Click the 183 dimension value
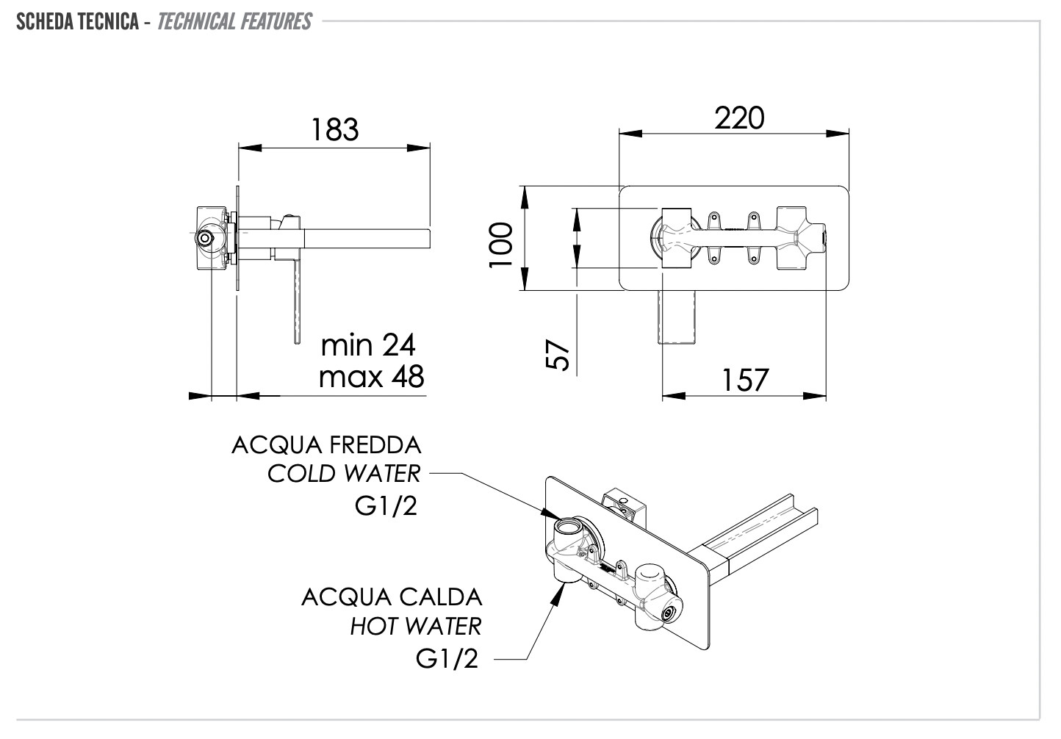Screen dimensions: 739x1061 click(x=335, y=129)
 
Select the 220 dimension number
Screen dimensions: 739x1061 click(x=739, y=118)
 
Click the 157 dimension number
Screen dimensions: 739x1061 click(x=745, y=380)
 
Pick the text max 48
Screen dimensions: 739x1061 click(x=371, y=376)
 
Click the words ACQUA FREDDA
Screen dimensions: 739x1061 click(x=326, y=445)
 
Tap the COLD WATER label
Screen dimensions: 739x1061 click(x=344, y=474)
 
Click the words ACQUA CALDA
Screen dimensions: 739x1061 click(x=392, y=596)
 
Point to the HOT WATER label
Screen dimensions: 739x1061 click(x=415, y=626)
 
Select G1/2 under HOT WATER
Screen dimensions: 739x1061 click(x=447, y=658)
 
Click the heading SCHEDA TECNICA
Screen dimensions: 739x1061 click(x=77, y=21)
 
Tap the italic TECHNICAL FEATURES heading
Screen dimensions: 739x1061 click(x=234, y=21)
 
